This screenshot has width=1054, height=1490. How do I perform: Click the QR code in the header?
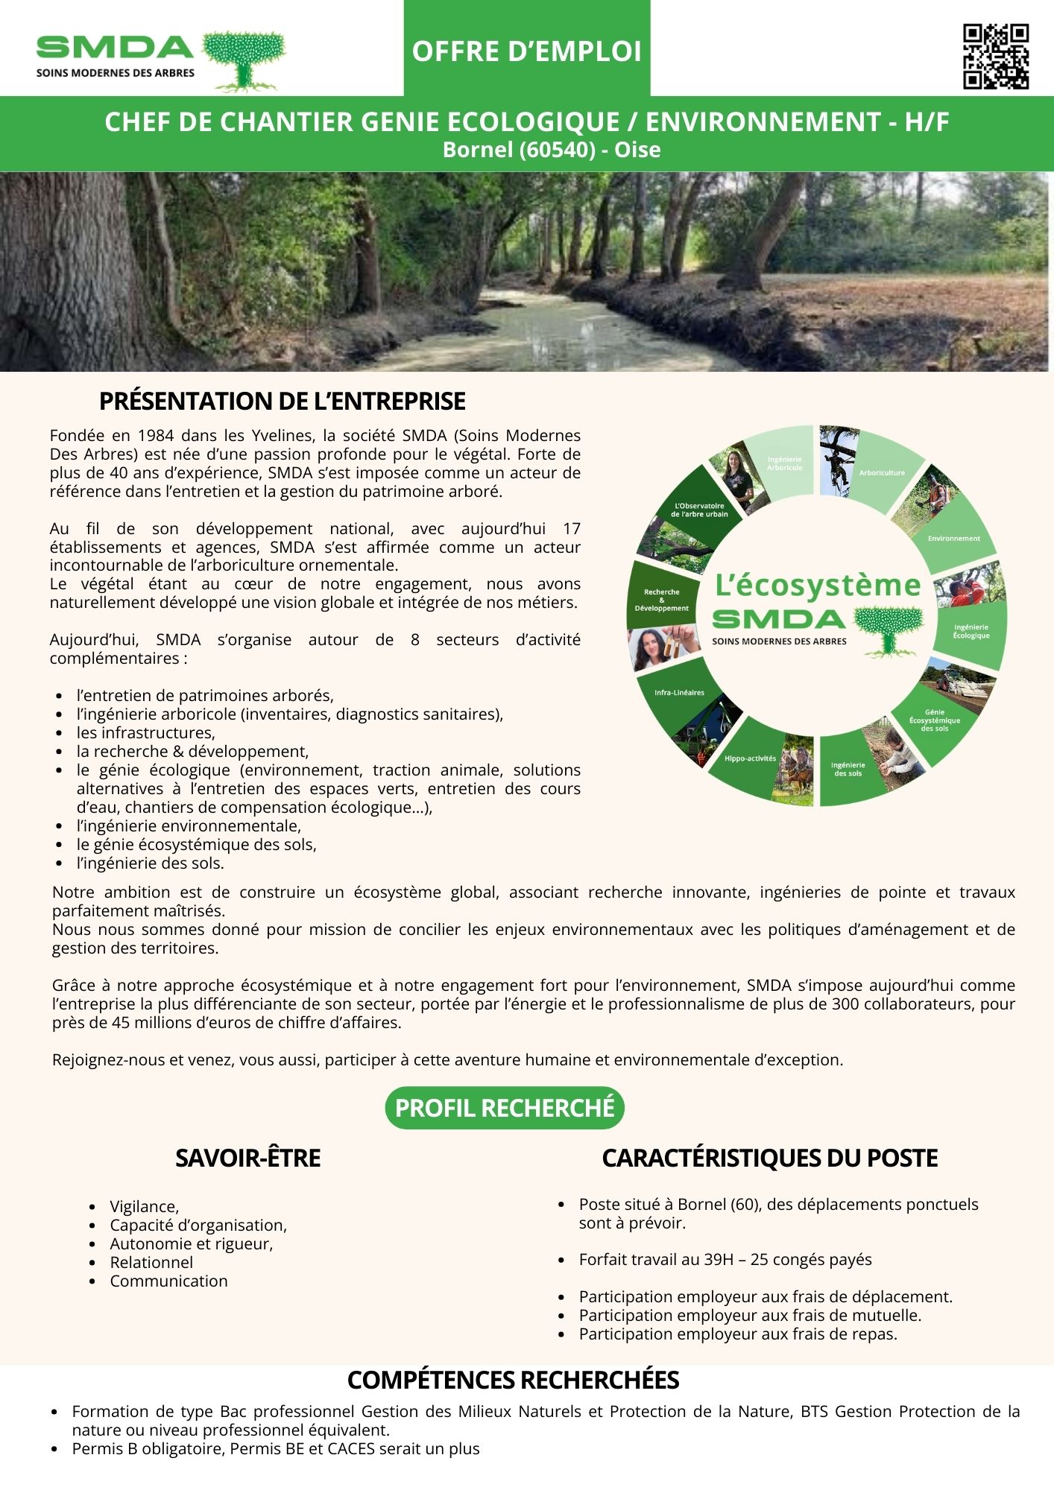click(996, 56)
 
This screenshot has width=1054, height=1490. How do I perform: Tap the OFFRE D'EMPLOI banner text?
click(527, 51)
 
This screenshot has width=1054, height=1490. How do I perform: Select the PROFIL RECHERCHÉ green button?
click(505, 1108)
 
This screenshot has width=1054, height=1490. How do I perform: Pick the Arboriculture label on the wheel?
click(882, 473)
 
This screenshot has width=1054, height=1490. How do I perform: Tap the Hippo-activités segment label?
click(750, 758)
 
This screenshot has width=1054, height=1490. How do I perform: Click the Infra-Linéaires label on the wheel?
click(679, 693)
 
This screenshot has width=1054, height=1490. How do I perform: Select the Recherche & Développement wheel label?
click(662, 600)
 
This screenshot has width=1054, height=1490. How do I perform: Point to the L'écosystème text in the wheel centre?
click(818, 586)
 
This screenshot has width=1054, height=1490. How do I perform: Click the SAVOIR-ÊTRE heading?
click(247, 1158)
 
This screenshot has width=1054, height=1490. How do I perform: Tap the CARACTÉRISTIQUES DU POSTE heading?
click(769, 1158)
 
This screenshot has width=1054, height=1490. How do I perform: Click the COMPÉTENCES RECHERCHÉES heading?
click(513, 1380)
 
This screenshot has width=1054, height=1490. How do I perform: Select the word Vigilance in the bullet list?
click(143, 1207)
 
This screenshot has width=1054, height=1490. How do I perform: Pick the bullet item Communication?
click(168, 1281)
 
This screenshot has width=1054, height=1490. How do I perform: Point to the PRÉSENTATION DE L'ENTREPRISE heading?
click(283, 402)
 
